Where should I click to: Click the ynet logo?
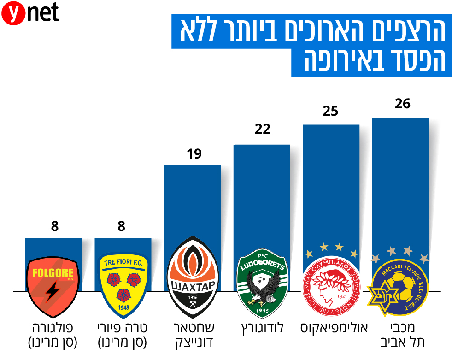[x=30, y=14]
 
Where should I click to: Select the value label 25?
[x=330, y=111]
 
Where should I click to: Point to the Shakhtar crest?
[x=193, y=277]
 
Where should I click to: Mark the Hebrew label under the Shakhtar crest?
[x=193, y=335]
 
